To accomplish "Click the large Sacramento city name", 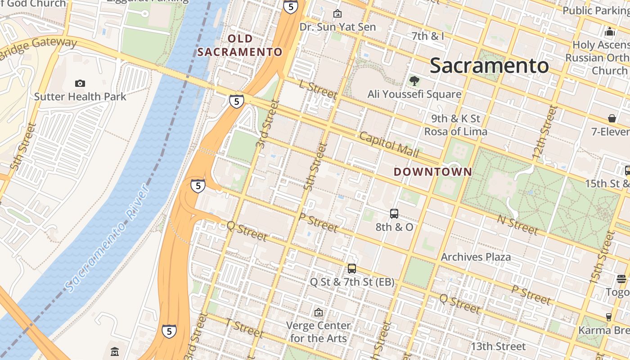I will (x=489, y=66).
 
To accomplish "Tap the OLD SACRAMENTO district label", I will (x=240, y=45).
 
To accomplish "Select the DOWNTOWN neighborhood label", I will (x=433, y=172).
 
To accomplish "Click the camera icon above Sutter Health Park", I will (x=80, y=83).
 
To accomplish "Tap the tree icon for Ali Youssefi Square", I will (x=414, y=81).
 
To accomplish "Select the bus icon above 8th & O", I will (x=394, y=214).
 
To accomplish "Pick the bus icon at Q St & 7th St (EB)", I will (x=352, y=269).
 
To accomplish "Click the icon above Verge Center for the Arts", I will (x=319, y=312).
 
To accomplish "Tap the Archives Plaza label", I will (x=476, y=257).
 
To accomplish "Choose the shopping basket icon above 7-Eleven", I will (x=612, y=118).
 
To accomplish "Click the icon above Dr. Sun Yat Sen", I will (x=337, y=14).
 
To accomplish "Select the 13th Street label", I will (x=498, y=346).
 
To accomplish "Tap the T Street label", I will (x=244, y=328).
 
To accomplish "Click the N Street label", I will (x=517, y=225).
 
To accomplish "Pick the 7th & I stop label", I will (x=427, y=36).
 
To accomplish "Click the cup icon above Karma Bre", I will (x=608, y=317).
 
